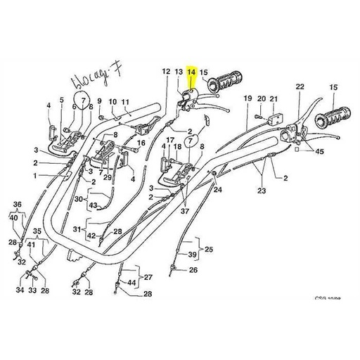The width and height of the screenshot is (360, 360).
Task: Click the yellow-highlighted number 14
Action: point(191,72)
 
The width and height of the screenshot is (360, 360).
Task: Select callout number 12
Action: point(166,72)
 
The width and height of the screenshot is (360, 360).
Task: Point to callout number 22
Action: point(300,86)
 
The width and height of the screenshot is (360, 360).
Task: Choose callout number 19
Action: point(247,99)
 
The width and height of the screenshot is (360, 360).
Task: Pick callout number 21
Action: point(274,99)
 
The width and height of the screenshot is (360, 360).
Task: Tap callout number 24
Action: point(217,189)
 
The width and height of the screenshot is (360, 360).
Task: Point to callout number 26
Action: point(194,270)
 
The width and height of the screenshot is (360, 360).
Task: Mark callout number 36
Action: point(18,205)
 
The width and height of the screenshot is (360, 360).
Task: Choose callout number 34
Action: point(19,290)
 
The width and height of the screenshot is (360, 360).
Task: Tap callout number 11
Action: point(126,101)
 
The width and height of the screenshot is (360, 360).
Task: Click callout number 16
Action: point(141,143)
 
